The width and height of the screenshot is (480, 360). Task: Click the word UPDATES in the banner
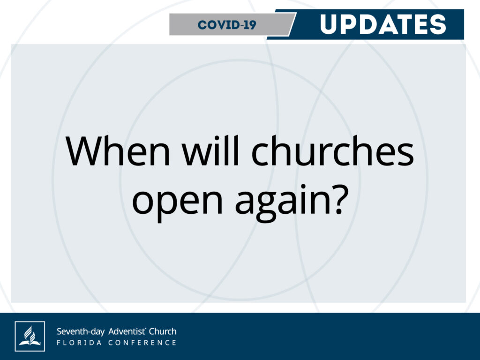coord(382,24)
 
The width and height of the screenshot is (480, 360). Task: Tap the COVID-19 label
coord(227,25)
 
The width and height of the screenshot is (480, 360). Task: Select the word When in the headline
coord(118,151)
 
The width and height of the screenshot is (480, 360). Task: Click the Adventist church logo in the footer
coord(30,336)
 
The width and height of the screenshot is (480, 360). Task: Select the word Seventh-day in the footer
coord(81,331)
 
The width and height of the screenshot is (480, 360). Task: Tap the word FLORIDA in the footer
coord(79,343)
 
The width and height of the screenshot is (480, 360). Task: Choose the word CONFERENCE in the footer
coord(142,343)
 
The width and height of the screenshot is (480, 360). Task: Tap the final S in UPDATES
coord(438,24)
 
